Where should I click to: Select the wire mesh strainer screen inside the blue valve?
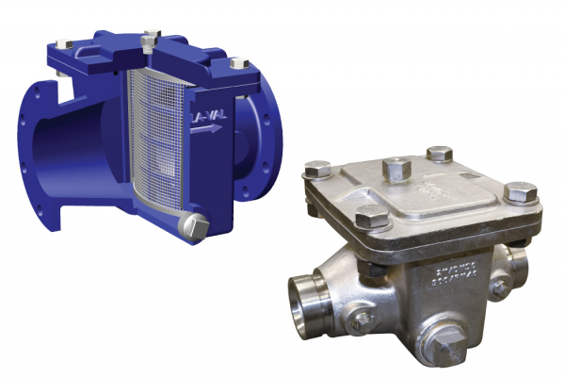pos(152,140)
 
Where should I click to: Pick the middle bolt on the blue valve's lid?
pos(150,39)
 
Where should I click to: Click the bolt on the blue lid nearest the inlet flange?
pos(63,44)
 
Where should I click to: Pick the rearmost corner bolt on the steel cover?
pos(438,154)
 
